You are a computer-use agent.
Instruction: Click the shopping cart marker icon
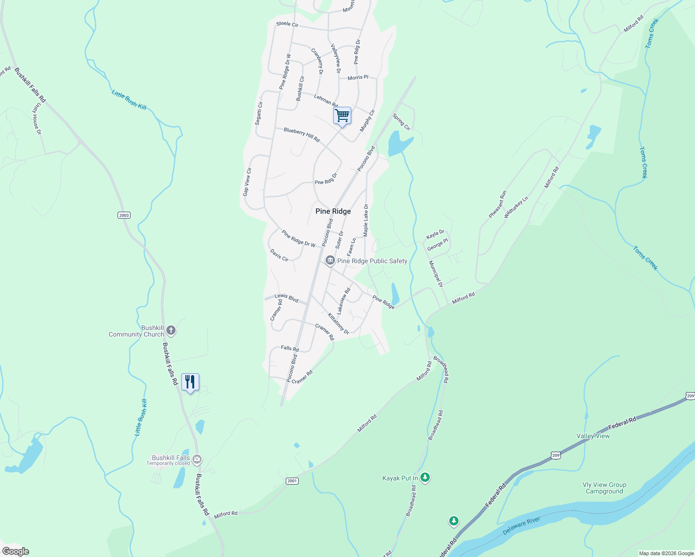pos(342,115)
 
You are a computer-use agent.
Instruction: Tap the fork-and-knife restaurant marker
pos(190,382)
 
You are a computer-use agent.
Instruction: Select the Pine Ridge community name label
pos(333,211)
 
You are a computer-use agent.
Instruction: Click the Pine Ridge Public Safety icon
pos(330,261)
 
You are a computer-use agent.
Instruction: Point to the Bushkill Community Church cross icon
pos(171,330)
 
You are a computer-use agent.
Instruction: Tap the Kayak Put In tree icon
pos(425,477)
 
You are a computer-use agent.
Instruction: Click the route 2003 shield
pos(124,215)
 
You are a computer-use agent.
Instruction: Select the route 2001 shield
pos(292,481)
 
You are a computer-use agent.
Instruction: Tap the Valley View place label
pos(593,436)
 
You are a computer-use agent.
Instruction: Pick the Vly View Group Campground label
pos(604,488)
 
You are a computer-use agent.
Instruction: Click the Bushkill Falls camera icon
pos(197,459)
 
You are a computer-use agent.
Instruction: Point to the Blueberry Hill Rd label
pos(302,135)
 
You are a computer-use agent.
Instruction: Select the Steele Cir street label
pos(287,24)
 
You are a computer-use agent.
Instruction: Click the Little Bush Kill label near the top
pos(129,100)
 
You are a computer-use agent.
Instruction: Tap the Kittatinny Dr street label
pos(338,324)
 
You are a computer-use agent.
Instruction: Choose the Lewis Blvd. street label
pos(287,298)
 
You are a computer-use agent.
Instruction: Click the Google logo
pos(16,551)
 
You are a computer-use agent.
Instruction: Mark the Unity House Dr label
pos(37,119)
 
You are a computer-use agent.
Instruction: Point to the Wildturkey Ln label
pos(516,207)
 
